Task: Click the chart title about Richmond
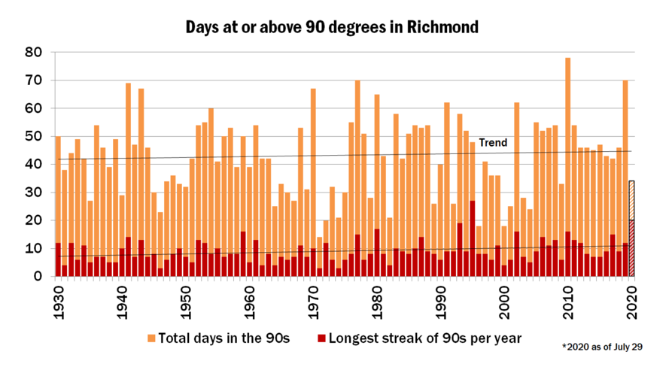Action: tap(332, 28)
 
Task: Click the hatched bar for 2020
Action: tap(632, 226)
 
